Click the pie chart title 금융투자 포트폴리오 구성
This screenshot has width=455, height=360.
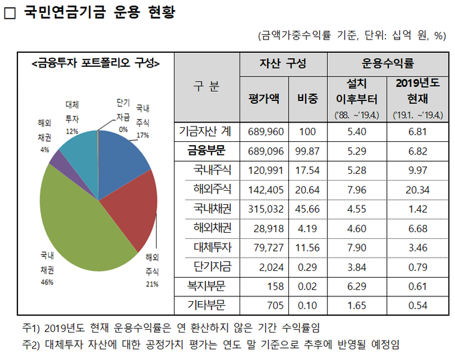coord(95,64)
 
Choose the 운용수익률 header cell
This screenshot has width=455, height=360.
coord(388,64)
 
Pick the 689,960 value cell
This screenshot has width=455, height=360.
coord(266,131)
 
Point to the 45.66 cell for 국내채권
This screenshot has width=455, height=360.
coord(307,208)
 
